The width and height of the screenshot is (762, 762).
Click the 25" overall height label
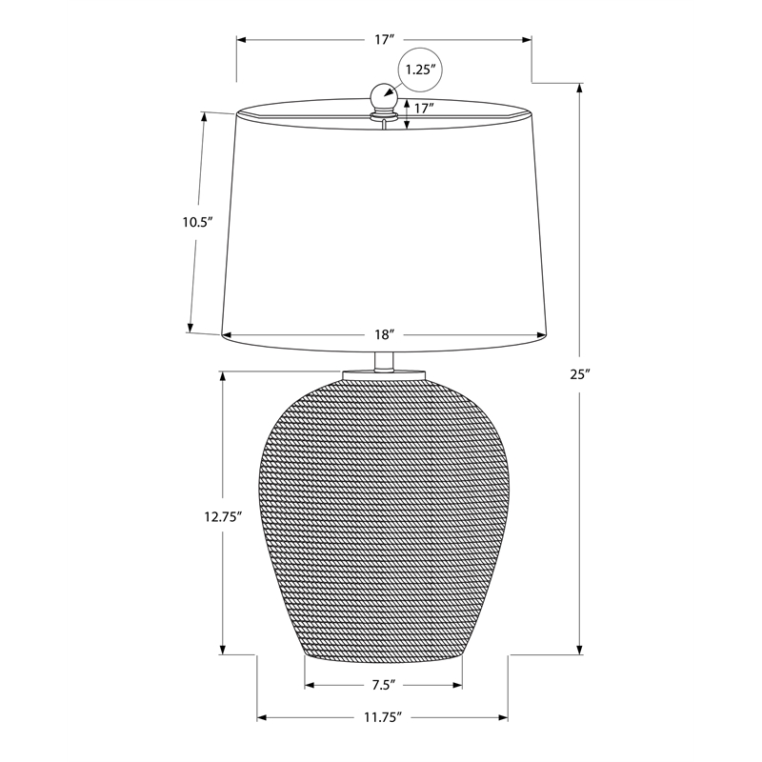tap(580, 374)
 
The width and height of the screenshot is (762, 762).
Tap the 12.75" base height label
tap(223, 517)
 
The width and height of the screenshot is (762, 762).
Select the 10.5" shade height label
tap(198, 223)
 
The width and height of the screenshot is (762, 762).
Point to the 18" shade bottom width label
tap(384, 335)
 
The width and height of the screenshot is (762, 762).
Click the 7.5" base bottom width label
tap(384, 685)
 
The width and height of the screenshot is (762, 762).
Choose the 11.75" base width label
tap(383, 717)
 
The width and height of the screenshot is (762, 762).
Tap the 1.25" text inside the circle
tap(419, 70)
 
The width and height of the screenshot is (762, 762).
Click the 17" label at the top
tap(384, 39)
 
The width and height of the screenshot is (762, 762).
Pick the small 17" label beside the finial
tap(423, 108)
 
